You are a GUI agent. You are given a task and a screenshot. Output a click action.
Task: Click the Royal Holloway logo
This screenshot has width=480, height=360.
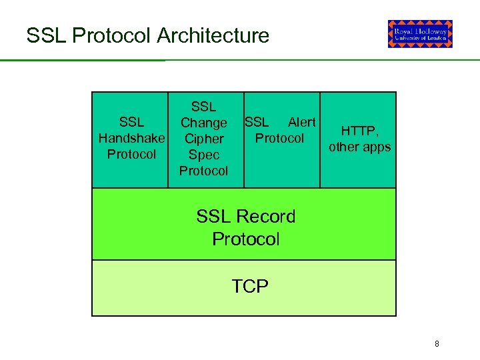(x=420, y=34)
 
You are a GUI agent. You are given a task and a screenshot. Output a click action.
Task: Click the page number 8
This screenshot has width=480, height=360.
(x=437, y=344)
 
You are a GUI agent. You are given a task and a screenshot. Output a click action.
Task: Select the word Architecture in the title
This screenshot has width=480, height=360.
(x=213, y=35)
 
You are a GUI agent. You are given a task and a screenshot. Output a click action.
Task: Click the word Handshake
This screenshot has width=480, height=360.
(x=131, y=139)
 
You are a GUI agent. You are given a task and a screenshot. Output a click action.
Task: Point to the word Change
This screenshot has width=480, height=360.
(x=203, y=123)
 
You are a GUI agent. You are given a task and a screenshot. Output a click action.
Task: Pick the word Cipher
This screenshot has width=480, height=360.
(x=203, y=139)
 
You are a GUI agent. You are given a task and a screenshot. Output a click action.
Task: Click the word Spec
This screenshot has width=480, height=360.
(x=203, y=155)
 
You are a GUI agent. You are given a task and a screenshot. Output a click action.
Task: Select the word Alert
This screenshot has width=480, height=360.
(x=301, y=122)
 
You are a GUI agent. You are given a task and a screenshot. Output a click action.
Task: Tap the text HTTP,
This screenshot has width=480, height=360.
(x=360, y=131)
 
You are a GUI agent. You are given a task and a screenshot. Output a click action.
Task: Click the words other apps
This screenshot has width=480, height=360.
(x=360, y=147)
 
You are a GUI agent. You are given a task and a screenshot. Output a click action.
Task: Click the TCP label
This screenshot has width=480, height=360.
(x=250, y=287)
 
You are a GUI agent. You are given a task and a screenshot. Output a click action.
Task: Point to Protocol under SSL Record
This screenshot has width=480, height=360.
(x=245, y=239)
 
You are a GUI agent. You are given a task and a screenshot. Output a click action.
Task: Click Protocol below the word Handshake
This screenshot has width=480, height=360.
(x=131, y=155)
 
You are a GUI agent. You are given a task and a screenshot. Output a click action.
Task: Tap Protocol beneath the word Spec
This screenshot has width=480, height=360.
(x=203, y=171)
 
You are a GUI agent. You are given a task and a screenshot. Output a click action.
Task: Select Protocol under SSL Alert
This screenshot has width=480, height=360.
(x=279, y=139)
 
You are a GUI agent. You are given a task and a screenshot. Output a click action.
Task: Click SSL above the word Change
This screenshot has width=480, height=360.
(x=203, y=107)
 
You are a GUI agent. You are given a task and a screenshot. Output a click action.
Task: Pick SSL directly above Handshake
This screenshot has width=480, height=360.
(x=131, y=123)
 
